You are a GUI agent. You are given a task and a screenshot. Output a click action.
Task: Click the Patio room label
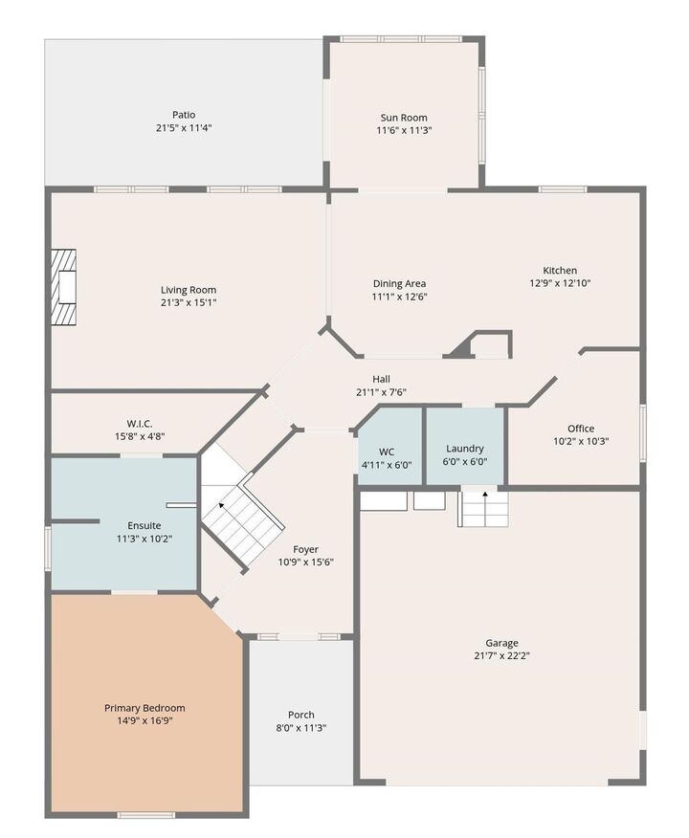point(184,114)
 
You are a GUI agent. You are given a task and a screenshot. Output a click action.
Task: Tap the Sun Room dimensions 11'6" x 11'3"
point(406,130)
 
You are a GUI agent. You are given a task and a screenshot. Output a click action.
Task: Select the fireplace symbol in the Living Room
point(64,288)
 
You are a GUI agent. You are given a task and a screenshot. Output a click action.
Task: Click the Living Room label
point(188,290)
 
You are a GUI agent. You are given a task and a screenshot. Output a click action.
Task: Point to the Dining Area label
point(399,283)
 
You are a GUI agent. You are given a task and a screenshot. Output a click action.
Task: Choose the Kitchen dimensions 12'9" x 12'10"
point(560,283)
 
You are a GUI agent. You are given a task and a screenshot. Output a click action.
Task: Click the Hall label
point(381,379)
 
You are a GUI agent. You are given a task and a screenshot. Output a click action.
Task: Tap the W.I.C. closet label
point(140,424)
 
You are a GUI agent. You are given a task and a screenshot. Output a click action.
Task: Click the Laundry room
point(465,449)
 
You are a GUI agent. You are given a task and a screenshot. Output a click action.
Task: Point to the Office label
point(580,429)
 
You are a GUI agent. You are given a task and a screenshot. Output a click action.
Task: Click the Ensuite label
point(144,525)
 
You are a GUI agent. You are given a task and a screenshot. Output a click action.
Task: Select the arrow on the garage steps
point(485,496)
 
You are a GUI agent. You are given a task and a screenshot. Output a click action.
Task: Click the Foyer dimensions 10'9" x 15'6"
point(306,562)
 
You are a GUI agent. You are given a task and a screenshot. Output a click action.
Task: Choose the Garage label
point(500,643)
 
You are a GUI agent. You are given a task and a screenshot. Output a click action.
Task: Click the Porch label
point(301,715)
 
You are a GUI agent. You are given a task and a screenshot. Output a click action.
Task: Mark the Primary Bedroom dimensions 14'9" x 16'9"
point(144,720)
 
